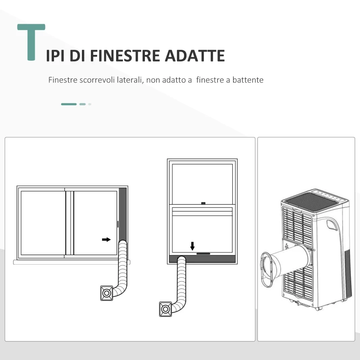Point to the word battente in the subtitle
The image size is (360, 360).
click(x=248, y=80)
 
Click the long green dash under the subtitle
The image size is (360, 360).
click(x=69, y=104)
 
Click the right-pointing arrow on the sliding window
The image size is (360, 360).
click(x=106, y=239)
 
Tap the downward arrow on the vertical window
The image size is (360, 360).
click(x=193, y=246)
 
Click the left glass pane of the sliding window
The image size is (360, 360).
click(x=43, y=223)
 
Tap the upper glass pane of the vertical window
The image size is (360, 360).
click(x=202, y=182)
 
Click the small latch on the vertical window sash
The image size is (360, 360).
click(x=203, y=203)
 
